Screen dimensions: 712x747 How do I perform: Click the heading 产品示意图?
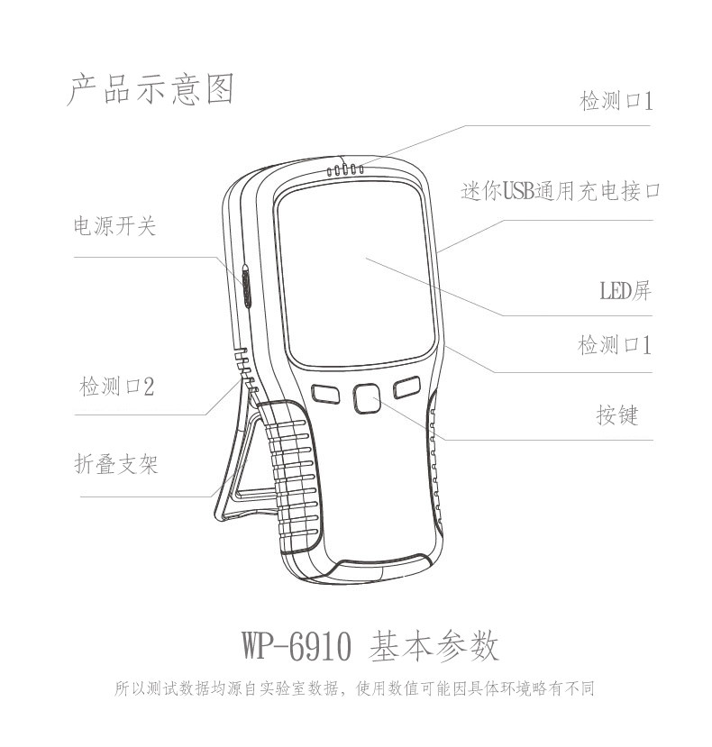(x=150, y=90)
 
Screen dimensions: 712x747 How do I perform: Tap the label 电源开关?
(x=114, y=226)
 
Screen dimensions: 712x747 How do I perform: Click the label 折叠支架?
(x=115, y=465)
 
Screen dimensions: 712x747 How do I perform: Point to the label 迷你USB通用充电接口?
(x=561, y=191)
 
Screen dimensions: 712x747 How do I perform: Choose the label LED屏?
(x=625, y=290)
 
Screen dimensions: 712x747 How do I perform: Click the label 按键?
(x=616, y=415)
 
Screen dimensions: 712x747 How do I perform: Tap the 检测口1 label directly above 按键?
(x=615, y=345)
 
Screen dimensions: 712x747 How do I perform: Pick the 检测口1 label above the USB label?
(x=615, y=101)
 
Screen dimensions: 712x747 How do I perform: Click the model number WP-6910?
(x=295, y=646)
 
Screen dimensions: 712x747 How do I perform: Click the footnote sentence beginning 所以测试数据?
(x=355, y=689)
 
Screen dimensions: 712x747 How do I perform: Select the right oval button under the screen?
(x=408, y=387)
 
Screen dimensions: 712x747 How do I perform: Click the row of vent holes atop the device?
(x=346, y=169)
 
